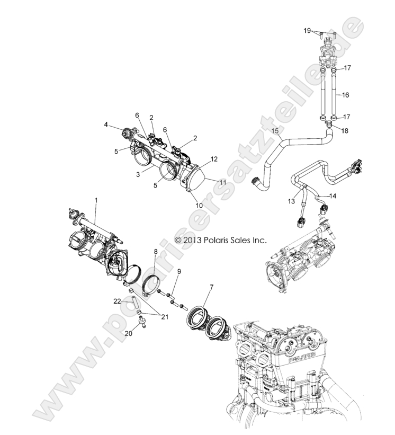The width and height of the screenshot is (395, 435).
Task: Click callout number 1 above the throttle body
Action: click(96, 201)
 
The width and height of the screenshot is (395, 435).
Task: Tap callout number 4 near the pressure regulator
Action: click(106, 126)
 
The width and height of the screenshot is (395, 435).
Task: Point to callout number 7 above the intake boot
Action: click(211, 287)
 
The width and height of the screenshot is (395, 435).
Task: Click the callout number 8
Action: click(156, 253)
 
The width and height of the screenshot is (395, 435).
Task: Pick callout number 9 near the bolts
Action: click(179, 271)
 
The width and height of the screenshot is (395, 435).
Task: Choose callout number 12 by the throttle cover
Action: click(214, 159)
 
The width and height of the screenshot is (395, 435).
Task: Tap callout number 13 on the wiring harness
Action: click(290, 201)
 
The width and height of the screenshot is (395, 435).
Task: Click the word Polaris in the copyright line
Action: click(218, 240)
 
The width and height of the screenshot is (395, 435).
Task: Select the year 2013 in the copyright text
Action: click(192, 240)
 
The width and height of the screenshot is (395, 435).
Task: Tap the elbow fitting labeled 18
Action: click(329, 125)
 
